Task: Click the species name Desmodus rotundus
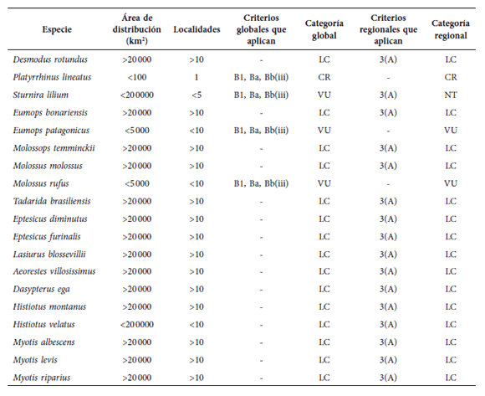(x=51, y=59)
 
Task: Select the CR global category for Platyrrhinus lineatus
(x=324, y=77)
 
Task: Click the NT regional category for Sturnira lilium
(x=451, y=95)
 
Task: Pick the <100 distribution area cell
(x=136, y=77)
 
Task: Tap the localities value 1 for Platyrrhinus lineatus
(x=197, y=77)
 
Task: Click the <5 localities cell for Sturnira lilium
(x=197, y=95)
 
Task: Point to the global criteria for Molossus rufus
(x=261, y=183)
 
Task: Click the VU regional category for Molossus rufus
(x=451, y=183)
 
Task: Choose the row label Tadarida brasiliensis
(x=53, y=201)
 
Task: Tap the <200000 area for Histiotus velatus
(x=136, y=325)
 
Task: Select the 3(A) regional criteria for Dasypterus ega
(x=387, y=290)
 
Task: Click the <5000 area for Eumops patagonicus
(x=136, y=131)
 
